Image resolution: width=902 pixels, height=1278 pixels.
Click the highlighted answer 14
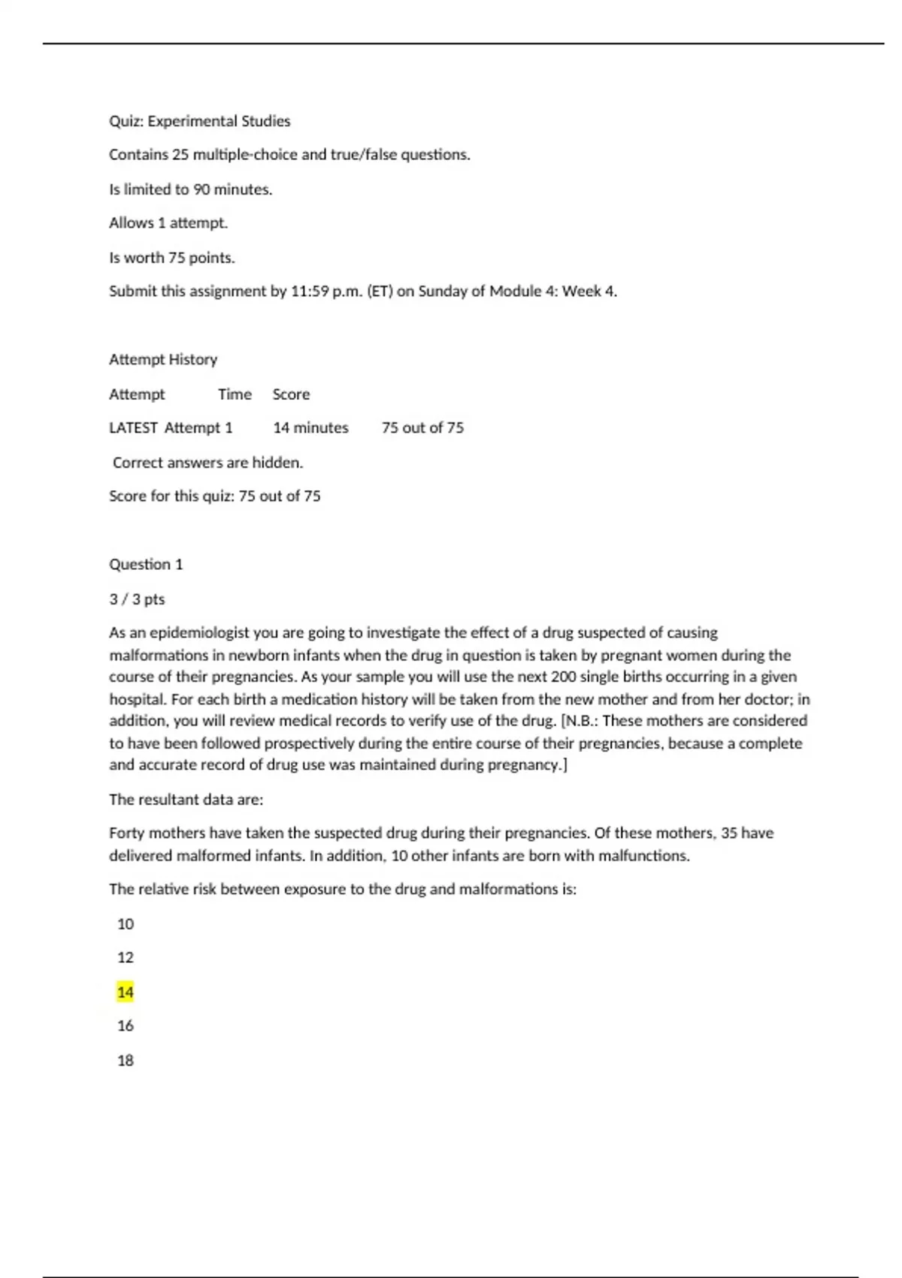(x=125, y=992)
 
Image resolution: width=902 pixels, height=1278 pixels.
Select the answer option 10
(x=125, y=924)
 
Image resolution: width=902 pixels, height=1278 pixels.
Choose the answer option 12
(x=125, y=957)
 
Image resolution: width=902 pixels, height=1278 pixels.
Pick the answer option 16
(x=125, y=1025)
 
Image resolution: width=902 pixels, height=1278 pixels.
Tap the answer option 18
(x=125, y=1060)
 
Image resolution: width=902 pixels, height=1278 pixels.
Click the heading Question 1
(x=146, y=564)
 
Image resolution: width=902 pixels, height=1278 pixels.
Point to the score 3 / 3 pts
(x=137, y=599)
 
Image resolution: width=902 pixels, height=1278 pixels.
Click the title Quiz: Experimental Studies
(x=199, y=121)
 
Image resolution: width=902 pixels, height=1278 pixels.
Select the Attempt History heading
(x=163, y=359)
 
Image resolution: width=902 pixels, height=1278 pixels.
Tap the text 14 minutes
(x=310, y=428)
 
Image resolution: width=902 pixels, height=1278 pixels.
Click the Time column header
(x=235, y=394)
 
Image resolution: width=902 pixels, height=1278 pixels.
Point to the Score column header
(x=291, y=394)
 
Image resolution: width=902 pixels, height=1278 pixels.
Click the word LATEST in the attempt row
(x=133, y=428)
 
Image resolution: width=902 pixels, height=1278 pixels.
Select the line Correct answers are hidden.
(x=207, y=462)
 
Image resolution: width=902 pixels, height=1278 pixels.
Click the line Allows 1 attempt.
(x=168, y=223)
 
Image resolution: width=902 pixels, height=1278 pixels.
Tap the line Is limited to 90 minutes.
(x=190, y=189)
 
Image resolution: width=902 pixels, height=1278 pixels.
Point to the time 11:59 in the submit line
(x=310, y=291)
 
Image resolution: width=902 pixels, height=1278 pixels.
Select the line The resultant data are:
(x=186, y=799)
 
